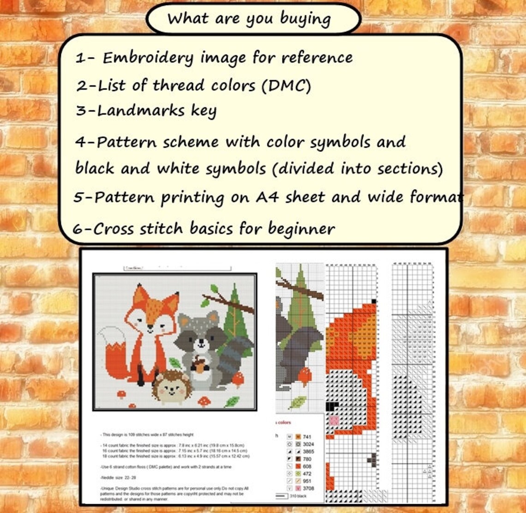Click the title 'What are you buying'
(249, 19)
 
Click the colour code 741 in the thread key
(307, 436)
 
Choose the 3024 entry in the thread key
(308, 444)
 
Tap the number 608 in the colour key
(307, 466)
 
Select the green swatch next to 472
(298, 474)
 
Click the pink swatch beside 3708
(298, 489)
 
